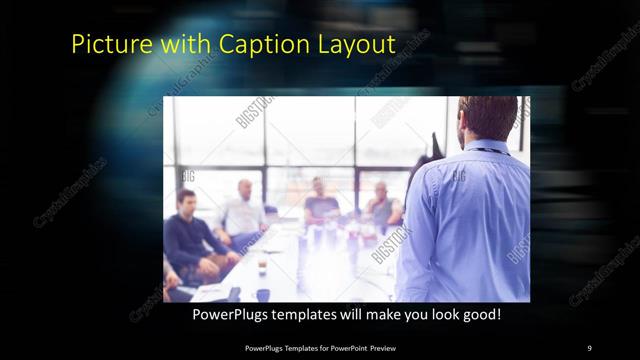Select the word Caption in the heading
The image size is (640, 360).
tap(254, 44)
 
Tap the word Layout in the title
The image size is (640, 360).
tap(356, 44)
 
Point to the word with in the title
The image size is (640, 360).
tap(180, 44)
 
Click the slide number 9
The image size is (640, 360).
tap(589, 347)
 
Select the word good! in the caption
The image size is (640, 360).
tap(479, 314)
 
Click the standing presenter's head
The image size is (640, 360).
tap(488, 119)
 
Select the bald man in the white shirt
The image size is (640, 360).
tap(243, 212)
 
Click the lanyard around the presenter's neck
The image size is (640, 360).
tap(490, 150)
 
